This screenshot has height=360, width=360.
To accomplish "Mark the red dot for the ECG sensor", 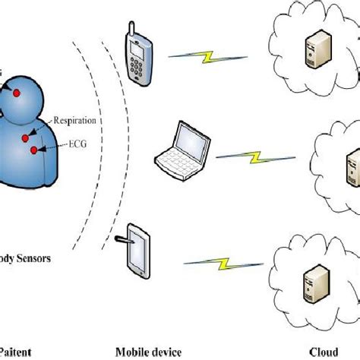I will [33, 151].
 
